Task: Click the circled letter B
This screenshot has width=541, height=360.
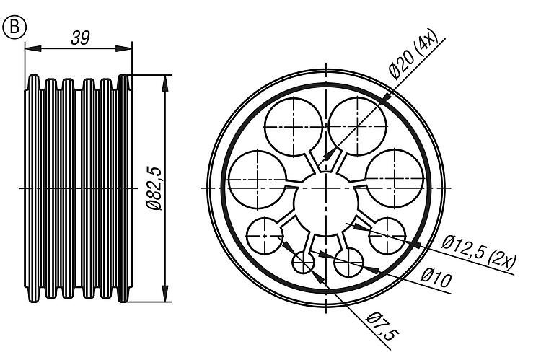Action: pos(14,27)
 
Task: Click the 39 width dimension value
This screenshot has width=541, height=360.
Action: pos(80,38)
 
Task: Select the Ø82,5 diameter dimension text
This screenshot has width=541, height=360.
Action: pos(154,188)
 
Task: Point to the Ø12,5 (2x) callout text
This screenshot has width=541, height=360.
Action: pos(478,249)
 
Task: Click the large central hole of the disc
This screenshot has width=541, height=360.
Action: pos(326,204)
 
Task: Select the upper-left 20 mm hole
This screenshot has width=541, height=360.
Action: pos(294,127)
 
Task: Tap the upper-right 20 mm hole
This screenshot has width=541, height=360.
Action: pos(358,126)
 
